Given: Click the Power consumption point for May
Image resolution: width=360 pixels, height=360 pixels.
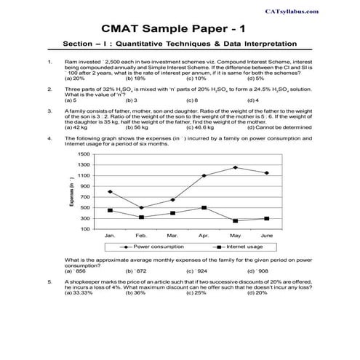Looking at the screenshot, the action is [235, 167].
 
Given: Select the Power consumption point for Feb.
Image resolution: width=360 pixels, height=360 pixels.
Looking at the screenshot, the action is [141, 208].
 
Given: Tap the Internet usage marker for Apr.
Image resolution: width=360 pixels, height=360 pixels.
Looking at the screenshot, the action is [204, 207].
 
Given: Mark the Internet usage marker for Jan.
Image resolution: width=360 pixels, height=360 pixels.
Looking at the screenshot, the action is [110, 210].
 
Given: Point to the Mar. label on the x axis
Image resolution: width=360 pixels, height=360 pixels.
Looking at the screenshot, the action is [172, 236].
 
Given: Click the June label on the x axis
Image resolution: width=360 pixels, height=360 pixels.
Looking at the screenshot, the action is [266, 236].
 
